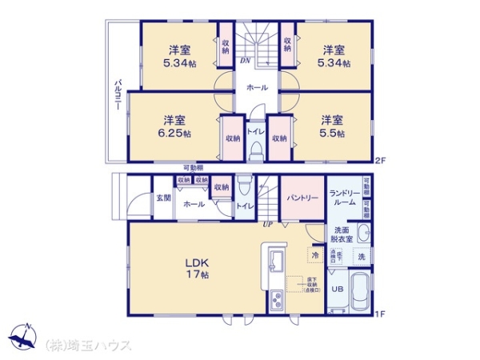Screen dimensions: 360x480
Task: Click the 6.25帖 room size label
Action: click(x=174, y=134)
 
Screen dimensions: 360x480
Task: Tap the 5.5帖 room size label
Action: click(x=333, y=134)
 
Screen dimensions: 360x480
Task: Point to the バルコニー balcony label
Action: click(x=118, y=98)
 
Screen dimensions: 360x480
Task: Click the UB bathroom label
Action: click(x=338, y=289)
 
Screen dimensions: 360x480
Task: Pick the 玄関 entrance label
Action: click(x=162, y=198)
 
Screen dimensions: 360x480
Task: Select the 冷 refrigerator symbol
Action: click(x=314, y=255)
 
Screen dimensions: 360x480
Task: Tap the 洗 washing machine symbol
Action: click(x=361, y=256)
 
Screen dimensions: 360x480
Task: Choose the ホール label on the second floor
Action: click(x=257, y=87)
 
